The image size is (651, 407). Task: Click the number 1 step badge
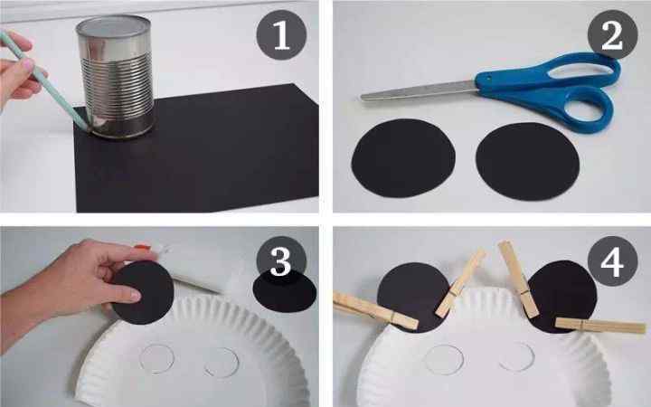click(281, 35)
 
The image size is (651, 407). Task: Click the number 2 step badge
click(612, 35)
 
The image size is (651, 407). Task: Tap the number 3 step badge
click(281, 260)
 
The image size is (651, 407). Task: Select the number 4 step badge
click(612, 260)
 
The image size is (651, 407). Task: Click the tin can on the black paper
click(115, 77)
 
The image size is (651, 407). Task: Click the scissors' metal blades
click(420, 90)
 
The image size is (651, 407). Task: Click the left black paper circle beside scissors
click(403, 157)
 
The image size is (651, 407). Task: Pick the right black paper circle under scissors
click(527, 161)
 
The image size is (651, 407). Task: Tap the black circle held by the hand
click(143, 293)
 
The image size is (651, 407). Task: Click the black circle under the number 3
click(285, 293)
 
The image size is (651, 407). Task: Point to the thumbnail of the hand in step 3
click(135, 295)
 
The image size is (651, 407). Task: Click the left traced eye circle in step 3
click(157, 358)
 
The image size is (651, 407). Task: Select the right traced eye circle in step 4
click(516, 356)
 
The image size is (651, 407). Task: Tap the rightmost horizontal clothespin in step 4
click(600, 326)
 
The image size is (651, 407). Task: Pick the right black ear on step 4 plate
click(562, 297)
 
